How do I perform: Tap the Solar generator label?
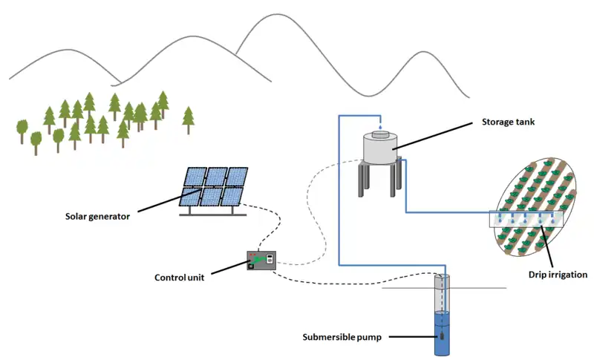[97, 217]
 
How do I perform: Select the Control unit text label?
[181, 278]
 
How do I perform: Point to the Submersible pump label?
[342, 338]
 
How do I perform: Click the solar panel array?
[214, 186]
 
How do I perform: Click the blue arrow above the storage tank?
[379, 125]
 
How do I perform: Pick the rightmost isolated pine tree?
[188, 116]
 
